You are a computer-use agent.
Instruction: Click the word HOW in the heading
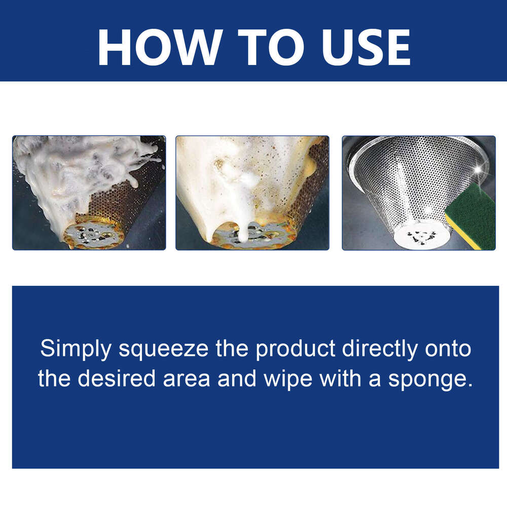coord(160,47)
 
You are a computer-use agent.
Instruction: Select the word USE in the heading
coord(366,47)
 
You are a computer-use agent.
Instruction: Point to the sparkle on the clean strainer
coord(477,169)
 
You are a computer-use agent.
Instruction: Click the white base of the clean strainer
coord(421,236)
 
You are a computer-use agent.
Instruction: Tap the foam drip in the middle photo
coord(242,223)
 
